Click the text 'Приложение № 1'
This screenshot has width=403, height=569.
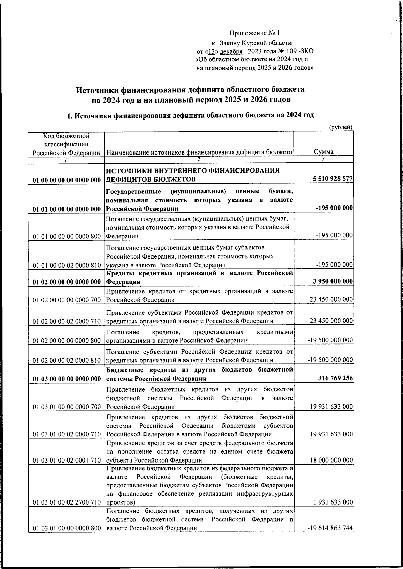[254, 33]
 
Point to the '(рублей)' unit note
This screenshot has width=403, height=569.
[341, 127]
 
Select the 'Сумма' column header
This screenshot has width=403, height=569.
[324, 151]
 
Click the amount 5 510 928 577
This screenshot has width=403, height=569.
[333, 179]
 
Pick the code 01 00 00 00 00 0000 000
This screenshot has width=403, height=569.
[67, 180]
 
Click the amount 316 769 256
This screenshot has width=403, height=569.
[335, 378]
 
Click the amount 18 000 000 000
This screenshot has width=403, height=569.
[331, 460]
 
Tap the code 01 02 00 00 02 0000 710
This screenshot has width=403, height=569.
[67, 321]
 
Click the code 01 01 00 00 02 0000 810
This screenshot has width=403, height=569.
[67, 265]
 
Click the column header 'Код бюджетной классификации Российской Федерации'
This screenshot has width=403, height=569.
[66, 144]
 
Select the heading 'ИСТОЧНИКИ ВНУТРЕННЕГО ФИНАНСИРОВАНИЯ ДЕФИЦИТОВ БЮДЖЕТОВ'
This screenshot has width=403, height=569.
[193, 174]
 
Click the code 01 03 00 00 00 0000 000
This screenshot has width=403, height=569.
[67, 379]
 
